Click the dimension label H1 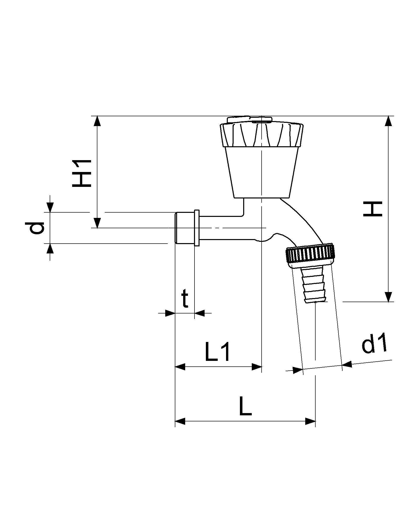click(x=81, y=173)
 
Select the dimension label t click(x=185, y=299)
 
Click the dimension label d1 click(x=374, y=343)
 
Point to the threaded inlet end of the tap click(x=184, y=228)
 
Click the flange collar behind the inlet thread click(x=197, y=228)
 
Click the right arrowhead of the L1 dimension click(x=257, y=367)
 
